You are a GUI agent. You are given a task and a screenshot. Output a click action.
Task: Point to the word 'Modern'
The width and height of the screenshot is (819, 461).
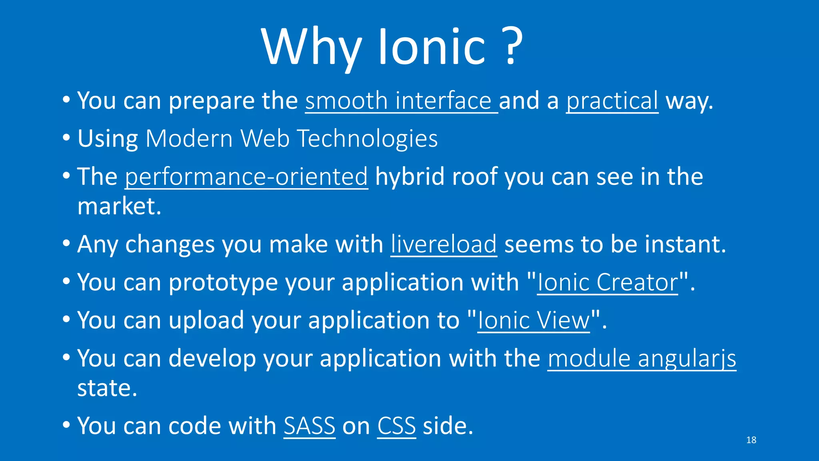click(x=189, y=138)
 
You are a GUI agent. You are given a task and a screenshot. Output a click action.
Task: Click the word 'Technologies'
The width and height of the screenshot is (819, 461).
click(x=367, y=138)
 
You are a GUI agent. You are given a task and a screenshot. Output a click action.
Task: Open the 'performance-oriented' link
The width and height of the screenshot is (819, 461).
click(x=246, y=176)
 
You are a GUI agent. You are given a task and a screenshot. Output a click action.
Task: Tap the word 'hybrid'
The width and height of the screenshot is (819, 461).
click(x=409, y=176)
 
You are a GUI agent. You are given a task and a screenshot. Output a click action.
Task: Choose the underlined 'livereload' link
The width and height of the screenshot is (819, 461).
click(x=444, y=244)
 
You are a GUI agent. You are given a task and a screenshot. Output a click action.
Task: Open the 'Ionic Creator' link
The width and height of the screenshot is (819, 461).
click(x=607, y=282)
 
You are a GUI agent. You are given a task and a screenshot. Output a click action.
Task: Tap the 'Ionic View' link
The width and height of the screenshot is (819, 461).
click(x=533, y=320)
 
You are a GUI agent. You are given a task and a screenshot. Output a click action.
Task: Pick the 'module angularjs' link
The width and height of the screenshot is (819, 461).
click(x=641, y=358)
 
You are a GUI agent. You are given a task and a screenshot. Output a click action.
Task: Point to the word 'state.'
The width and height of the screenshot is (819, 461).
click(x=107, y=388)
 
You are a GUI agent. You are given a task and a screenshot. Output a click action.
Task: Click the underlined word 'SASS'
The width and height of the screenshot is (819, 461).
click(x=310, y=426)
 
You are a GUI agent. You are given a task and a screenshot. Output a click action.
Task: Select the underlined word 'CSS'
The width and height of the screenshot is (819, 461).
click(x=396, y=426)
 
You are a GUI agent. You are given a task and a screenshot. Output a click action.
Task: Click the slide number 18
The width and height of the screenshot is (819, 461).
click(x=751, y=440)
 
